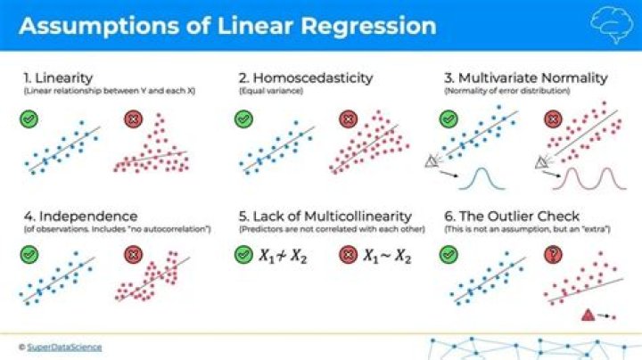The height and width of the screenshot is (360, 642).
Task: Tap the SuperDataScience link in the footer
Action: (x=65, y=347)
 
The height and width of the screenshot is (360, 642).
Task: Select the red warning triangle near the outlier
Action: (x=588, y=314)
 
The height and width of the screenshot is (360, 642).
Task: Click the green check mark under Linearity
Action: (x=28, y=119)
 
